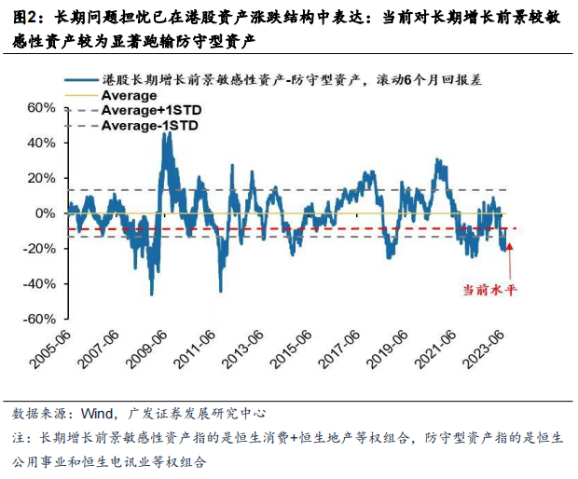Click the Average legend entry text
129,96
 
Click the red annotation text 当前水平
489,290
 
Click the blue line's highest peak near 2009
168,133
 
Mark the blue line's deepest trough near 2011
220,291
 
